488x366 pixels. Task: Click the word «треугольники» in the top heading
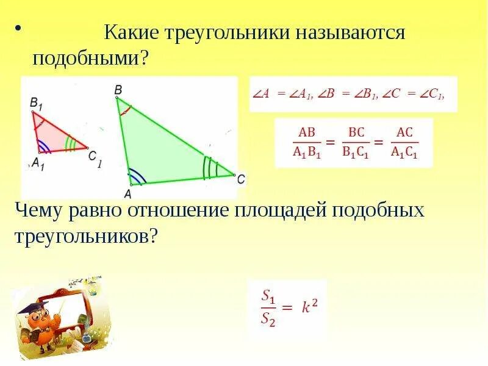coord(224,32)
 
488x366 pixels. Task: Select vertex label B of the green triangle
coord(118,89)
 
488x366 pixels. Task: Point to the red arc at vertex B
coord(125,111)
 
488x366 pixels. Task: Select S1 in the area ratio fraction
coord(268,296)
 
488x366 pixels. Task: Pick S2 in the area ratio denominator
coord(268,318)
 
